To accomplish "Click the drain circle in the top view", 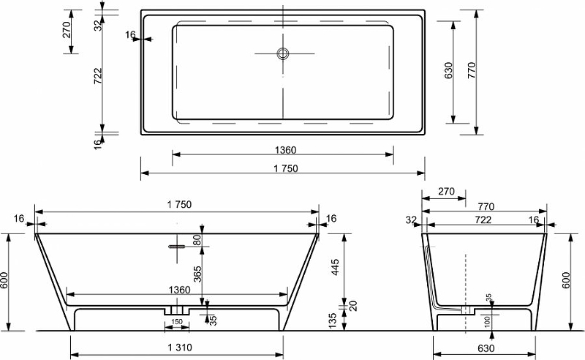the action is pyautogui.click(x=283, y=53).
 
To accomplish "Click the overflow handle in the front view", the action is pyautogui.click(x=176, y=247).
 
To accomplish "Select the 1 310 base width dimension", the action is pyautogui.click(x=180, y=348).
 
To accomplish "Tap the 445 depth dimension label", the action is pyautogui.click(x=335, y=267).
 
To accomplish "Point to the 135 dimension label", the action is pyautogui.click(x=333, y=320).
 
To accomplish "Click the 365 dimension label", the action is pyautogui.click(x=197, y=274).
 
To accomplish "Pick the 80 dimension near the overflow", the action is pyautogui.click(x=197, y=239).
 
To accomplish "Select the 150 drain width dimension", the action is pyautogui.click(x=177, y=321).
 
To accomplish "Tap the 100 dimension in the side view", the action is pyautogui.click(x=487, y=321).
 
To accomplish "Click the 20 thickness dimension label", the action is pyautogui.click(x=353, y=306).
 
